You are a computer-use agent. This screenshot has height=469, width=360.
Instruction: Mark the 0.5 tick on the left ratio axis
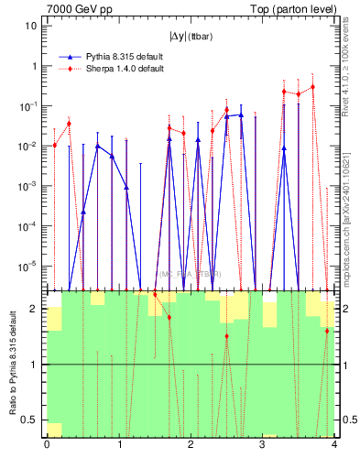30,420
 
